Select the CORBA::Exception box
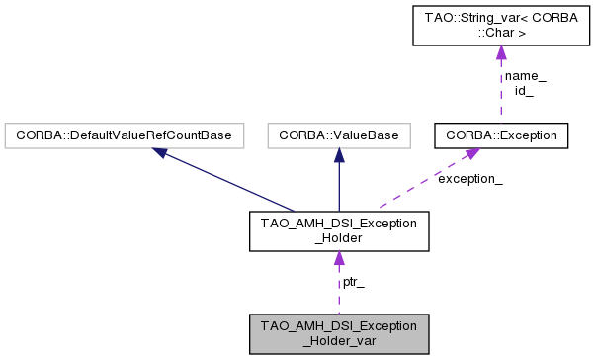[501, 134]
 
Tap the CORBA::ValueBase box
[339, 134]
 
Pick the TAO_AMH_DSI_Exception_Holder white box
[339, 230]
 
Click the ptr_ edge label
[353, 282]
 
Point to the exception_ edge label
[469, 180]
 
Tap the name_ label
[525, 76]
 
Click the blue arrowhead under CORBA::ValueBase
[339, 154]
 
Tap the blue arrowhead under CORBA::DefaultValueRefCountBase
[160, 152]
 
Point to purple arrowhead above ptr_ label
[339, 259]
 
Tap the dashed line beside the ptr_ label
[339, 292]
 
